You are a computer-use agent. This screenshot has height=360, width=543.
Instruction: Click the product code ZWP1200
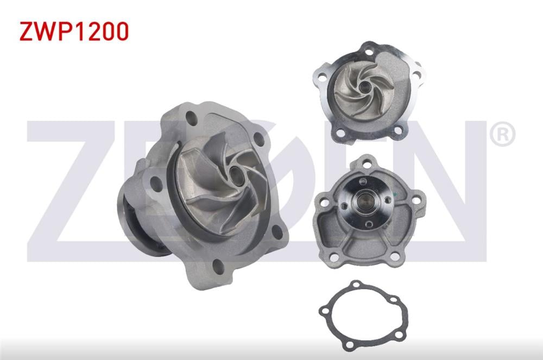point(74,32)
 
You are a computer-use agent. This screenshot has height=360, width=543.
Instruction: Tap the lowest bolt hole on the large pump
point(218,267)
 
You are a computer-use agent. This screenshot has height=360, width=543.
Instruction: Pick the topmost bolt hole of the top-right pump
point(371,53)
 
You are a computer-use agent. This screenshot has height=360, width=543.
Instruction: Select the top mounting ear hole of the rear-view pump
point(368,162)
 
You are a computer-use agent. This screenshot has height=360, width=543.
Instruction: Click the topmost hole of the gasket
point(356,285)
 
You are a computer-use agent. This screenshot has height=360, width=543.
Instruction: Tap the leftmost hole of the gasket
point(325,311)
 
